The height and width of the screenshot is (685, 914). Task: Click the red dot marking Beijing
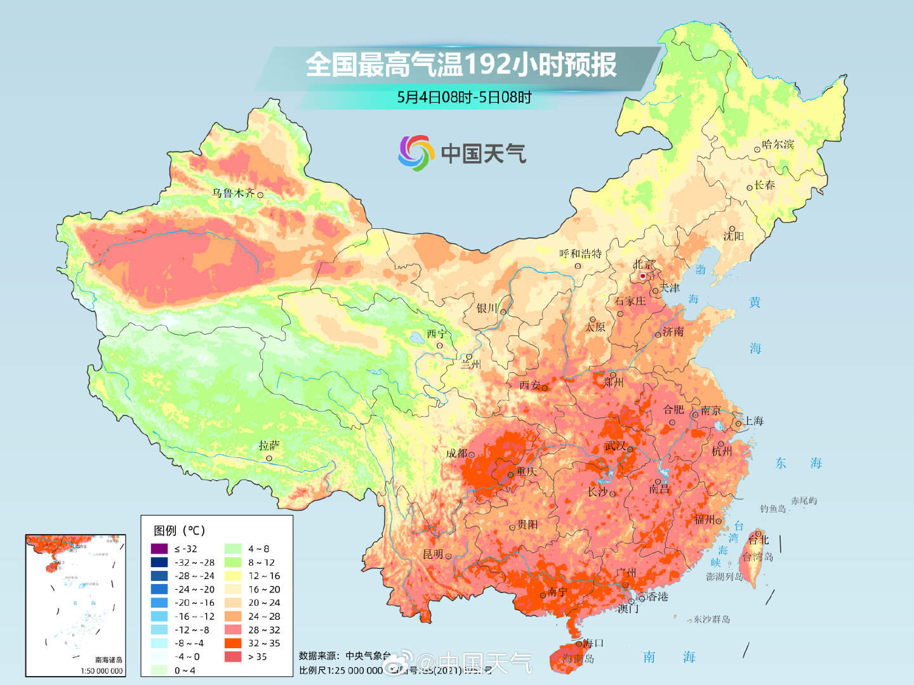pos(642,276)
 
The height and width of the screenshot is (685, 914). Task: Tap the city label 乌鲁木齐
pos(233,193)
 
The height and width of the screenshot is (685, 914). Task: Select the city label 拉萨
pos(269,446)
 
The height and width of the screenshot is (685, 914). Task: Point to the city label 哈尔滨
pos(778,145)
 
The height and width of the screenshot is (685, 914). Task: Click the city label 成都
pos(456,453)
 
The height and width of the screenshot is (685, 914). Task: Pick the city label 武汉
pos(615,446)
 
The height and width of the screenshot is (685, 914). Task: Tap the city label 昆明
pos(433,554)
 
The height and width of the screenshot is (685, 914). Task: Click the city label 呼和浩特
pos(580,254)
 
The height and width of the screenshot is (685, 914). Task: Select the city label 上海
pos(753,421)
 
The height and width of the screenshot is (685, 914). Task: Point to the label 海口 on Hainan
pos(593,643)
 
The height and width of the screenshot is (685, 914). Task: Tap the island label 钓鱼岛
pos(773,509)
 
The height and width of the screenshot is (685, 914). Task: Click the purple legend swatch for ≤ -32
pos(159,549)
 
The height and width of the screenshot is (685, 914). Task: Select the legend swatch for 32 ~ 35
pos(233,643)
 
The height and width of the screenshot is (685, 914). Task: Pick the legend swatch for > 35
pos(233,656)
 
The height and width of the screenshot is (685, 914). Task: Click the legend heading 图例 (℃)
pos(180,530)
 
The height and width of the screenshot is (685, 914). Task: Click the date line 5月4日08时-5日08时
pos(464,97)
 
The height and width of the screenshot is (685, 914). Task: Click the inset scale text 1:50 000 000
pos(102,670)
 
